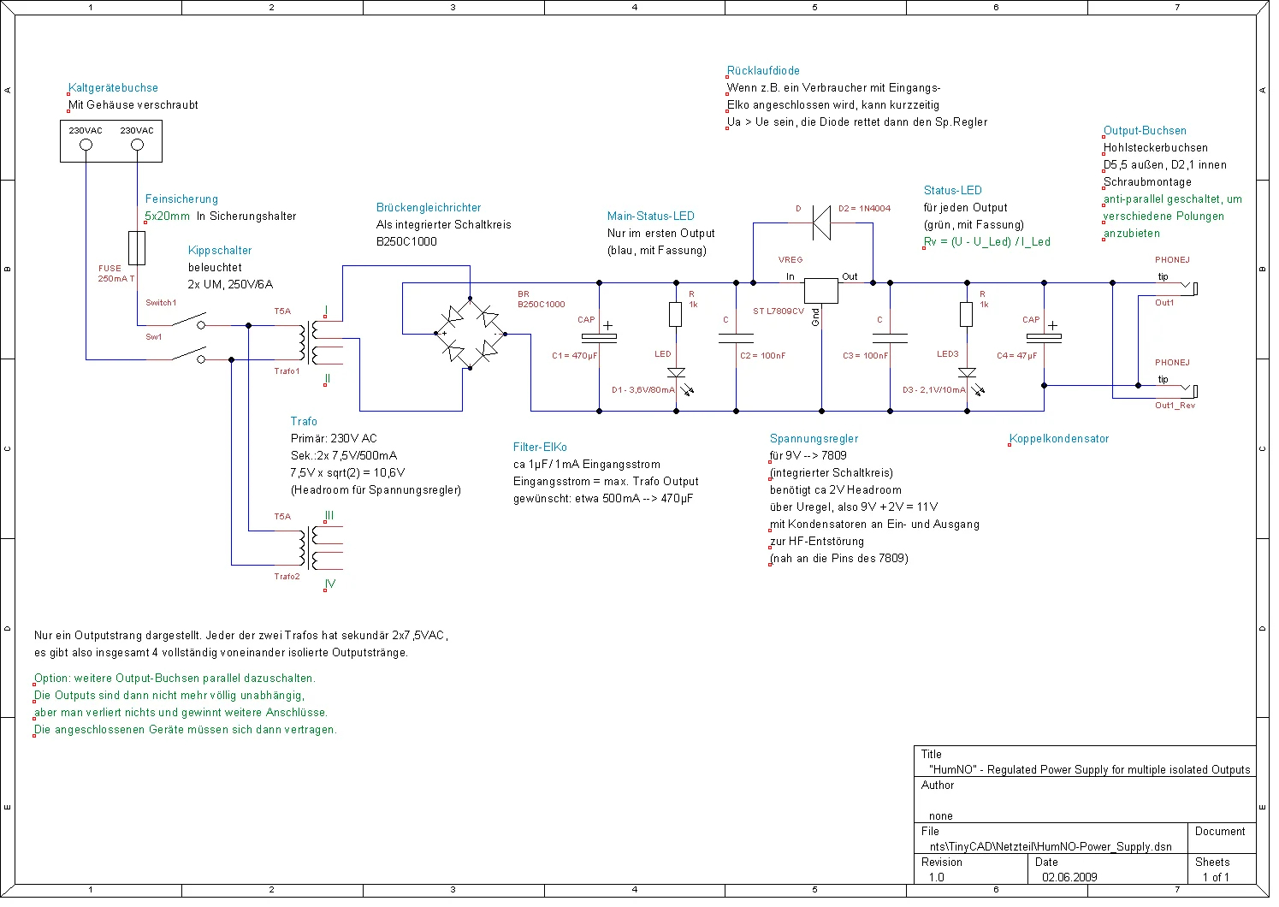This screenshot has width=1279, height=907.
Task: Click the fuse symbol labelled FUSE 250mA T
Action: tap(136, 247)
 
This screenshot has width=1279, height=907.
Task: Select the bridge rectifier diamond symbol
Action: tap(470, 334)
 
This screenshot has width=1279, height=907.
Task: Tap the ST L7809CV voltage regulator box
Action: tap(821, 290)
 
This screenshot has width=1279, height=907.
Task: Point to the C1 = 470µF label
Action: tap(575, 356)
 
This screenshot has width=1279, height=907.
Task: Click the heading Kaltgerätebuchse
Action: tap(113, 88)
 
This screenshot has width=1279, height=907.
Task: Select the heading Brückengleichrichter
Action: tap(429, 208)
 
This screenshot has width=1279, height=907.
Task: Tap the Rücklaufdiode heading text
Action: tap(763, 71)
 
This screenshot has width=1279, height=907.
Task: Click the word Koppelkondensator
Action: tap(1059, 439)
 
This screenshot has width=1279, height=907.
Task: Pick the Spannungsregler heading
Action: tap(814, 439)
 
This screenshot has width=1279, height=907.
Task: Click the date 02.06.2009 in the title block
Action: tap(1069, 877)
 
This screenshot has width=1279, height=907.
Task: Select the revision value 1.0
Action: tap(937, 877)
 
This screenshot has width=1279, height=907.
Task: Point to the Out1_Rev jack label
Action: tap(1175, 406)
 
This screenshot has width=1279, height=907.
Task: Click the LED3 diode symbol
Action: tap(967, 373)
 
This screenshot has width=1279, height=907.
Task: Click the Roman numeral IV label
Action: tap(329, 584)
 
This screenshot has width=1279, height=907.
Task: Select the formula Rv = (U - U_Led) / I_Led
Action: tap(986, 242)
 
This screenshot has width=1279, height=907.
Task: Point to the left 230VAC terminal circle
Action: tap(86, 145)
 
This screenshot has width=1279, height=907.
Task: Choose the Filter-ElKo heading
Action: tap(540, 448)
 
